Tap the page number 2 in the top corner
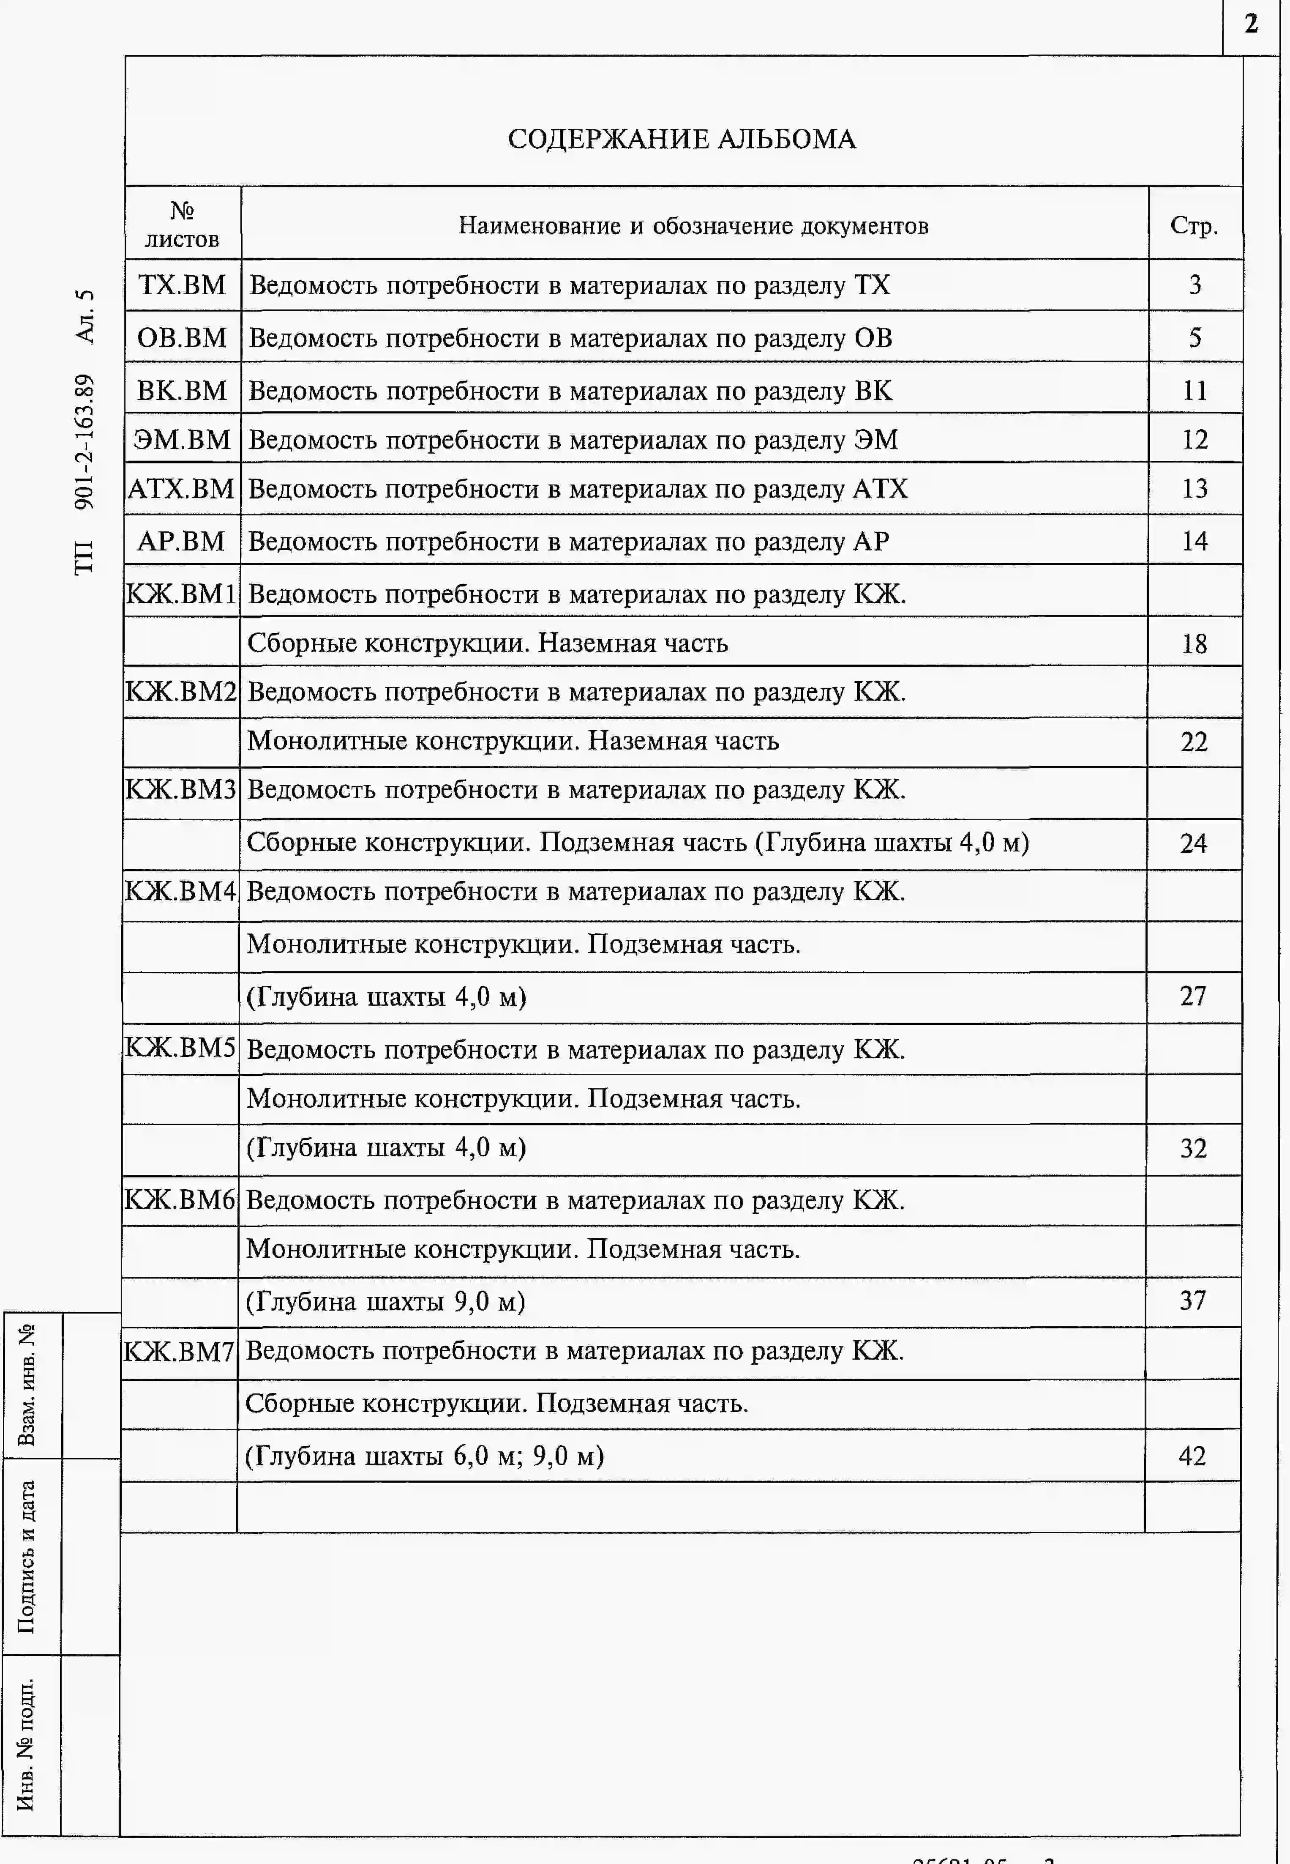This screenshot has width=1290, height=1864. click(1251, 24)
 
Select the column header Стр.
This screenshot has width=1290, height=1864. click(1194, 226)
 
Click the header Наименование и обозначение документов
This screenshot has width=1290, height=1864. click(693, 226)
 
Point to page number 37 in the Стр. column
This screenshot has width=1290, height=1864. click(1193, 1300)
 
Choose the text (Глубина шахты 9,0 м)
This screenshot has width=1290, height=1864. click(385, 1301)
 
